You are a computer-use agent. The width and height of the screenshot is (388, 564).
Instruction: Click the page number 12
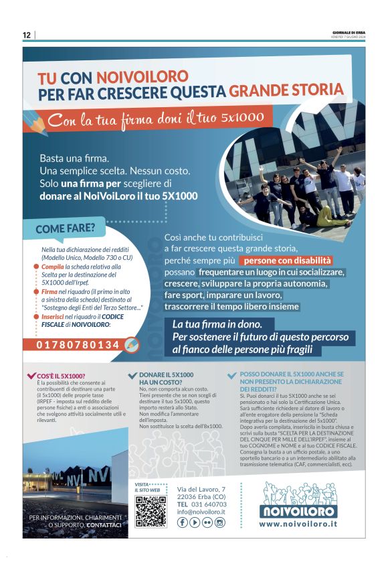pyautogui.click(x=27, y=35)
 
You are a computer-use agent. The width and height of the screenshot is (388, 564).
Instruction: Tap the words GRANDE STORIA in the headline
pyautogui.click(x=286, y=91)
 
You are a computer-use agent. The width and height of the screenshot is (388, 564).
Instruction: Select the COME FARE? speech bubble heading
pyautogui.click(x=65, y=228)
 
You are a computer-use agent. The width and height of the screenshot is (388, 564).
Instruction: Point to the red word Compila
pyautogui.click(x=52, y=267)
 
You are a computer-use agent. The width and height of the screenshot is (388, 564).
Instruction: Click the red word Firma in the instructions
pyautogui.click(x=49, y=291)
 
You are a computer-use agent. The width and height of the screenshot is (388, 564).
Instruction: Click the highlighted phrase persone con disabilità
pyautogui.click(x=288, y=260)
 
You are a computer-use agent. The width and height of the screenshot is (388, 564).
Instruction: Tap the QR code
pyautogui.click(x=150, y=512)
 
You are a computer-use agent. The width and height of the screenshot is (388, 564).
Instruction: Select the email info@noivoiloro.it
pyautogui.click(x=201, y=512)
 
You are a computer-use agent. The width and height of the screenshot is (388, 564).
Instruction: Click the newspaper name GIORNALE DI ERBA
pyautogui.click(x=349, y=32)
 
